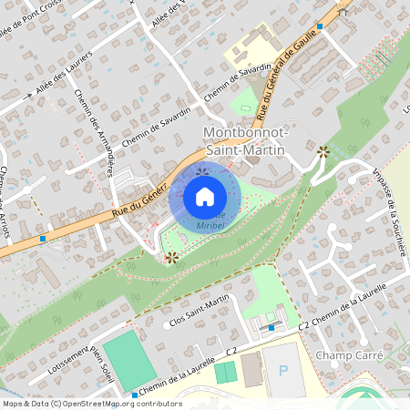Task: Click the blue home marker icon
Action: click(205, 196)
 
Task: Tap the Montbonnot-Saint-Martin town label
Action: click(245, 140)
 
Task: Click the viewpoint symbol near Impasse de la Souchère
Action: click(323, 151)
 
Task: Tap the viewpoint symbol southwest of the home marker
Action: click(170, 258)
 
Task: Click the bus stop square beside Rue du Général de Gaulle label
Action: click(319, 26)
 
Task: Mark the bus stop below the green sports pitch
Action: click(135, 395)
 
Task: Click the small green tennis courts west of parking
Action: click(224, 373)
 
